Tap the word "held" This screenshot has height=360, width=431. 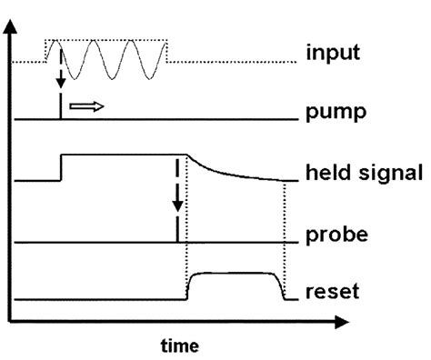(x=330, y=172)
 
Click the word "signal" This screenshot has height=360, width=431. (x=385, y=173)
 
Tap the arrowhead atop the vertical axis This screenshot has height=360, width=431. (x=11, y=25)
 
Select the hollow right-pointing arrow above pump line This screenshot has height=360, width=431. (x=86, y=105)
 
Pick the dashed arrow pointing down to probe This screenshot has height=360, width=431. (x=176, y=191)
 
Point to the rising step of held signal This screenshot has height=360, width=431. (x=60, y=168)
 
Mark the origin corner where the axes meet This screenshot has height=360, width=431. (x=11, y=320)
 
